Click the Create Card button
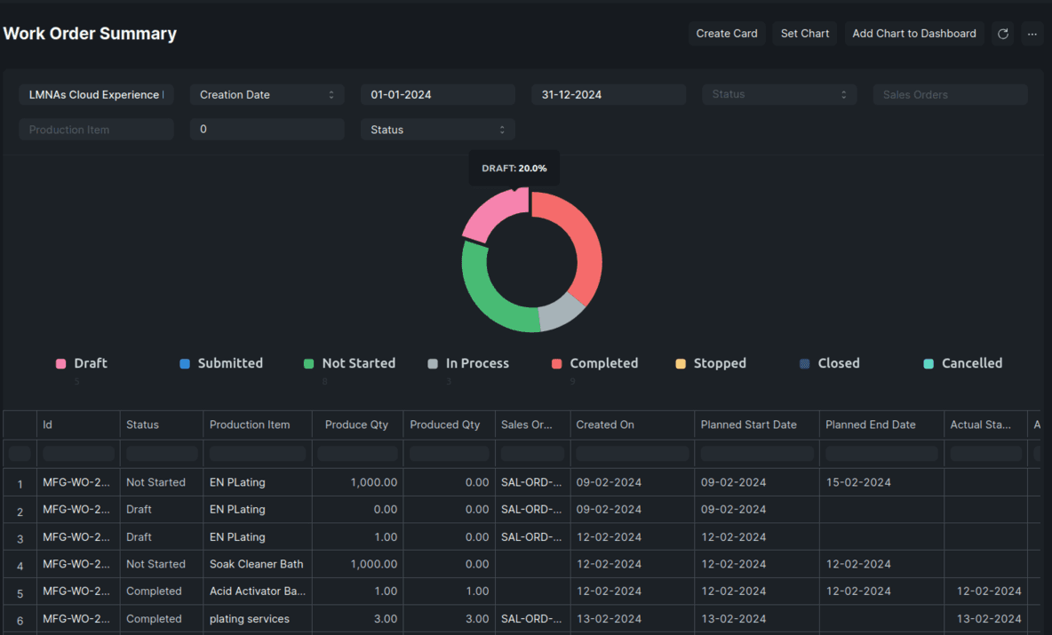(x=726, y=34)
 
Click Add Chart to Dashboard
(x=913, y=34)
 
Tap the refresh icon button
(x=1002, y=34)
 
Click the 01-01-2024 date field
(x=437, y=95)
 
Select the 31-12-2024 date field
(x=608, y=95)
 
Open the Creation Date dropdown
(x=267, y=95)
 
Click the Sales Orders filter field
(x=949, y=95)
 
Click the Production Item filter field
(x=96, y=130)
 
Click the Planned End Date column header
(x=870, y=425)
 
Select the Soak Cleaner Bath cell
(x=256, y=564)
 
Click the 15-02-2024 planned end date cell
(x=857, y=482)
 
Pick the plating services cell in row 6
(x=249, y=619)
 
